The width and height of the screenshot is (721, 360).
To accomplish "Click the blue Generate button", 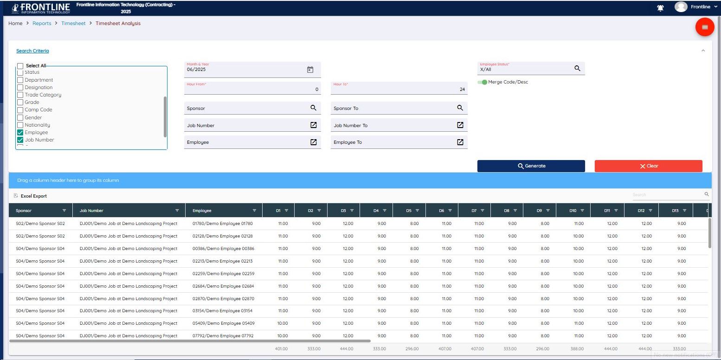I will click(x=531, y=166).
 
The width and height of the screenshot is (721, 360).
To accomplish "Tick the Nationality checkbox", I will click(x=20, y=125).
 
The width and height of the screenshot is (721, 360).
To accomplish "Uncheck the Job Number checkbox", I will click(x=20, y=140).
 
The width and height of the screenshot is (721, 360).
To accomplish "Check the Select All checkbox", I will click(x=20, y=66).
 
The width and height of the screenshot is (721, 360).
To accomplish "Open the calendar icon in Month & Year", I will click(x=310, y=70).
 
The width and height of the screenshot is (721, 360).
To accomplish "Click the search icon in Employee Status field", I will click(x=577, y=68).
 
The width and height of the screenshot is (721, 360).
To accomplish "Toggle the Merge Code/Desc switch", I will click(x=483, y=82).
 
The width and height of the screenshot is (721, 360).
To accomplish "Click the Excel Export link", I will click(x=33, y=196).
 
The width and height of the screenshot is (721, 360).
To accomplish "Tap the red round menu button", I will click(x=704, y=27).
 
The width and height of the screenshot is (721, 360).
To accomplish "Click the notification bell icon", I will click(x=660, y=8).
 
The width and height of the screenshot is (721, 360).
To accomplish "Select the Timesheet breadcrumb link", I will click(x=73, y=23).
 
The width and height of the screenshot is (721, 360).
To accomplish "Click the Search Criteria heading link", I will click(x=32, y=51).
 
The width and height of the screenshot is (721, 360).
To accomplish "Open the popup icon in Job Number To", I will click(x=460, y=125).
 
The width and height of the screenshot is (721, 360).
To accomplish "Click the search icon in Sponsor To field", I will click(x=460, y=108).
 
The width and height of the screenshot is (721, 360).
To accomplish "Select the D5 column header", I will click(x=408, y=211).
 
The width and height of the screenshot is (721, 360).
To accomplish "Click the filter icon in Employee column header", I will click(x=254, y=211).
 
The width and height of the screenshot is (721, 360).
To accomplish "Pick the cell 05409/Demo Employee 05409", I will click(x=223, y=323).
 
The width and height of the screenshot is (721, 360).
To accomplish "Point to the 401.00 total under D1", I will click(x=281, y=349).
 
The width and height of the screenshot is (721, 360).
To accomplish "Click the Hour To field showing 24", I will click(x=399, y=89).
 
